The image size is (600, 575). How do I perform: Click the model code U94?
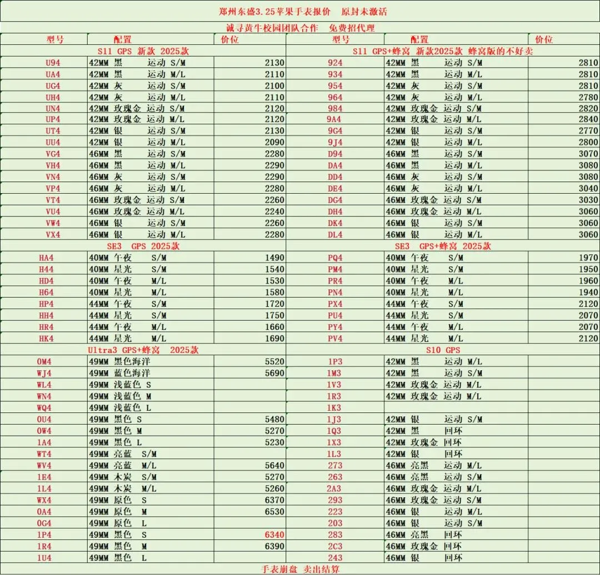(53, 63)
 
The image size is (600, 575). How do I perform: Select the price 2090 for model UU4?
(274, 143)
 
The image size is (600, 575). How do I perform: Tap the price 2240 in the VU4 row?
(274, 211)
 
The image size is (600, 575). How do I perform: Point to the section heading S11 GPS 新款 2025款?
(143, 51)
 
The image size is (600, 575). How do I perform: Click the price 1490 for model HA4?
(274, 258)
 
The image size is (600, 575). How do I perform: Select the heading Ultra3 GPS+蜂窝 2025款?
(143, 350)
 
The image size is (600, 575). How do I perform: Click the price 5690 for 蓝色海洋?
(274, 373)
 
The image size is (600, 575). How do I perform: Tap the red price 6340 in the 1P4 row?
(274, 534)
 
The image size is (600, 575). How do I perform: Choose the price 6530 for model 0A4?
(274, 511)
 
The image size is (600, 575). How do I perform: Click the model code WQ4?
(44, 407)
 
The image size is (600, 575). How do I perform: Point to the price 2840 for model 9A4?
(588, 119)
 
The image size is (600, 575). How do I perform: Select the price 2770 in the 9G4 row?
(588, 131)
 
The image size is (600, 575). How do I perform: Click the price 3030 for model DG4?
(588, 200)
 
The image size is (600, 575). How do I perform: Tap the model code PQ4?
(335, 258)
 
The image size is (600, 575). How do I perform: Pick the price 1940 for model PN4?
(588, 292)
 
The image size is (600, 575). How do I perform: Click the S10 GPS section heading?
(443, 350)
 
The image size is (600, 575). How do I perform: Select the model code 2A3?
(334, 488)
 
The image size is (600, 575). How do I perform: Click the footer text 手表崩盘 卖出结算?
(300, 569)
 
